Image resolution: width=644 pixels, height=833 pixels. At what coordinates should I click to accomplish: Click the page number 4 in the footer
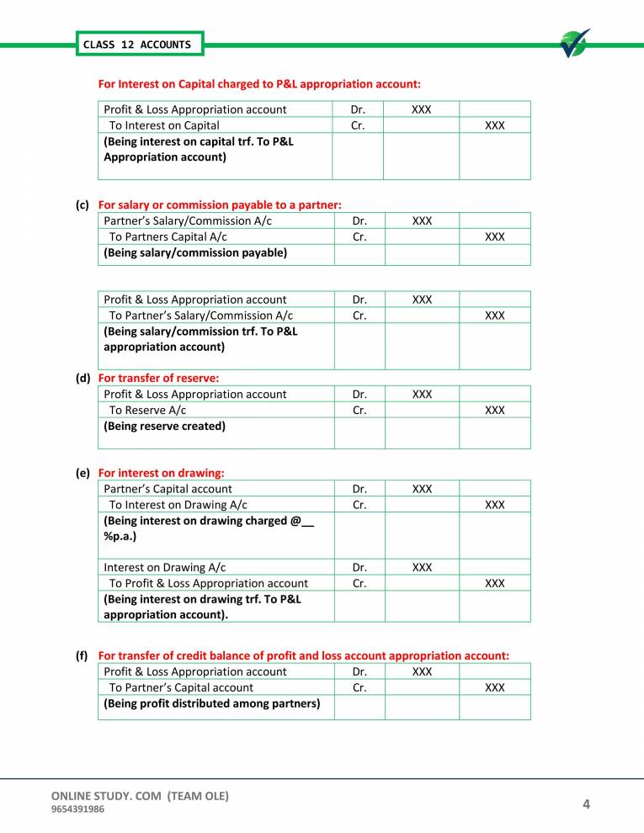pyautogui.click(x=586, y=805)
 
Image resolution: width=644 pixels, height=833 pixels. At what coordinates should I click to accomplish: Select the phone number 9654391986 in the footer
pyautogui.click(x=78, y=809)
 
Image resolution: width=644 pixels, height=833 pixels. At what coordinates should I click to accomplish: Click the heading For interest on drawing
pyautogui.click(x=161, y=474)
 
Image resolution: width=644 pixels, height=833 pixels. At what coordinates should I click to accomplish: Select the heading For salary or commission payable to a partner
pyautogui.click(x=220, y=204)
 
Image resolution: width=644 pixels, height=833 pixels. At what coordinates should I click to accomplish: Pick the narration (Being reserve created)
pyautogui.click(x=164, y=426)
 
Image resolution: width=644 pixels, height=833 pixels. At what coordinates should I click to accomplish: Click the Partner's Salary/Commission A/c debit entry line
pyautogui.click(x=188, y=220)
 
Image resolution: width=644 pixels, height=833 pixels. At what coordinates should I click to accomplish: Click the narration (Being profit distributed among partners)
pyautogui.click(x=211, y=703)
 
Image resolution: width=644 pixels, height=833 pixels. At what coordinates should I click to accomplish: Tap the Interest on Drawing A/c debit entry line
pyautogui.click(x=164, y=567)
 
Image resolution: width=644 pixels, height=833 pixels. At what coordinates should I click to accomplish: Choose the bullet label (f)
pyautogui.click(x=82, y=655)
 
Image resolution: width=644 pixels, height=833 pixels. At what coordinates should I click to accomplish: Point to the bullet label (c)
pyautogui.click(x=82, y=204)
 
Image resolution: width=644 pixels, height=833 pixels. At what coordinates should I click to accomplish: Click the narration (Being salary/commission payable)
pyautogui.click(x=194, y=252)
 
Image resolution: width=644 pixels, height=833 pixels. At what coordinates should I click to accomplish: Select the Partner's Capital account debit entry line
pyautogui.click(x=168, y=488)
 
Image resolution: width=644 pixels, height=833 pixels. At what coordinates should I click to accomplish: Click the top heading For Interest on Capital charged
pyautogui.click(x=259, y=84)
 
